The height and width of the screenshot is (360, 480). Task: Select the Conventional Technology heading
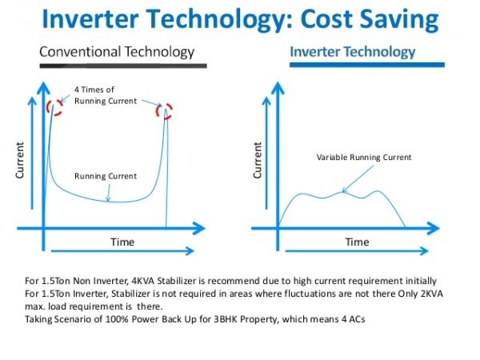tap(117, 52)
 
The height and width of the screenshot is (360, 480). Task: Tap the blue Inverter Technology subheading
tap(352, 52)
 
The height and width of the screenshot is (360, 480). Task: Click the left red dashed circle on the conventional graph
tap(54, 106)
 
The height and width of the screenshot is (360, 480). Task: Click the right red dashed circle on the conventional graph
tap(166, 110)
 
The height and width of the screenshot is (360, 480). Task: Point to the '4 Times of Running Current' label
tap(106, 96)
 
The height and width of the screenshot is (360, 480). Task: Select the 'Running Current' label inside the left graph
tap(106, 176)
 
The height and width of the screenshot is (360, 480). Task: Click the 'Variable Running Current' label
tap(364, 158)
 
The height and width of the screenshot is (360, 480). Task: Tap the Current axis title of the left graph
tap(19, 160)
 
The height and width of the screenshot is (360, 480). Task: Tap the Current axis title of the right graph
tap(258, 160)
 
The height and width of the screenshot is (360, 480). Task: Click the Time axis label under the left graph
tap(122, 241)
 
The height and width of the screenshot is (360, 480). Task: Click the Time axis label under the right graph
tap(357, 241)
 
